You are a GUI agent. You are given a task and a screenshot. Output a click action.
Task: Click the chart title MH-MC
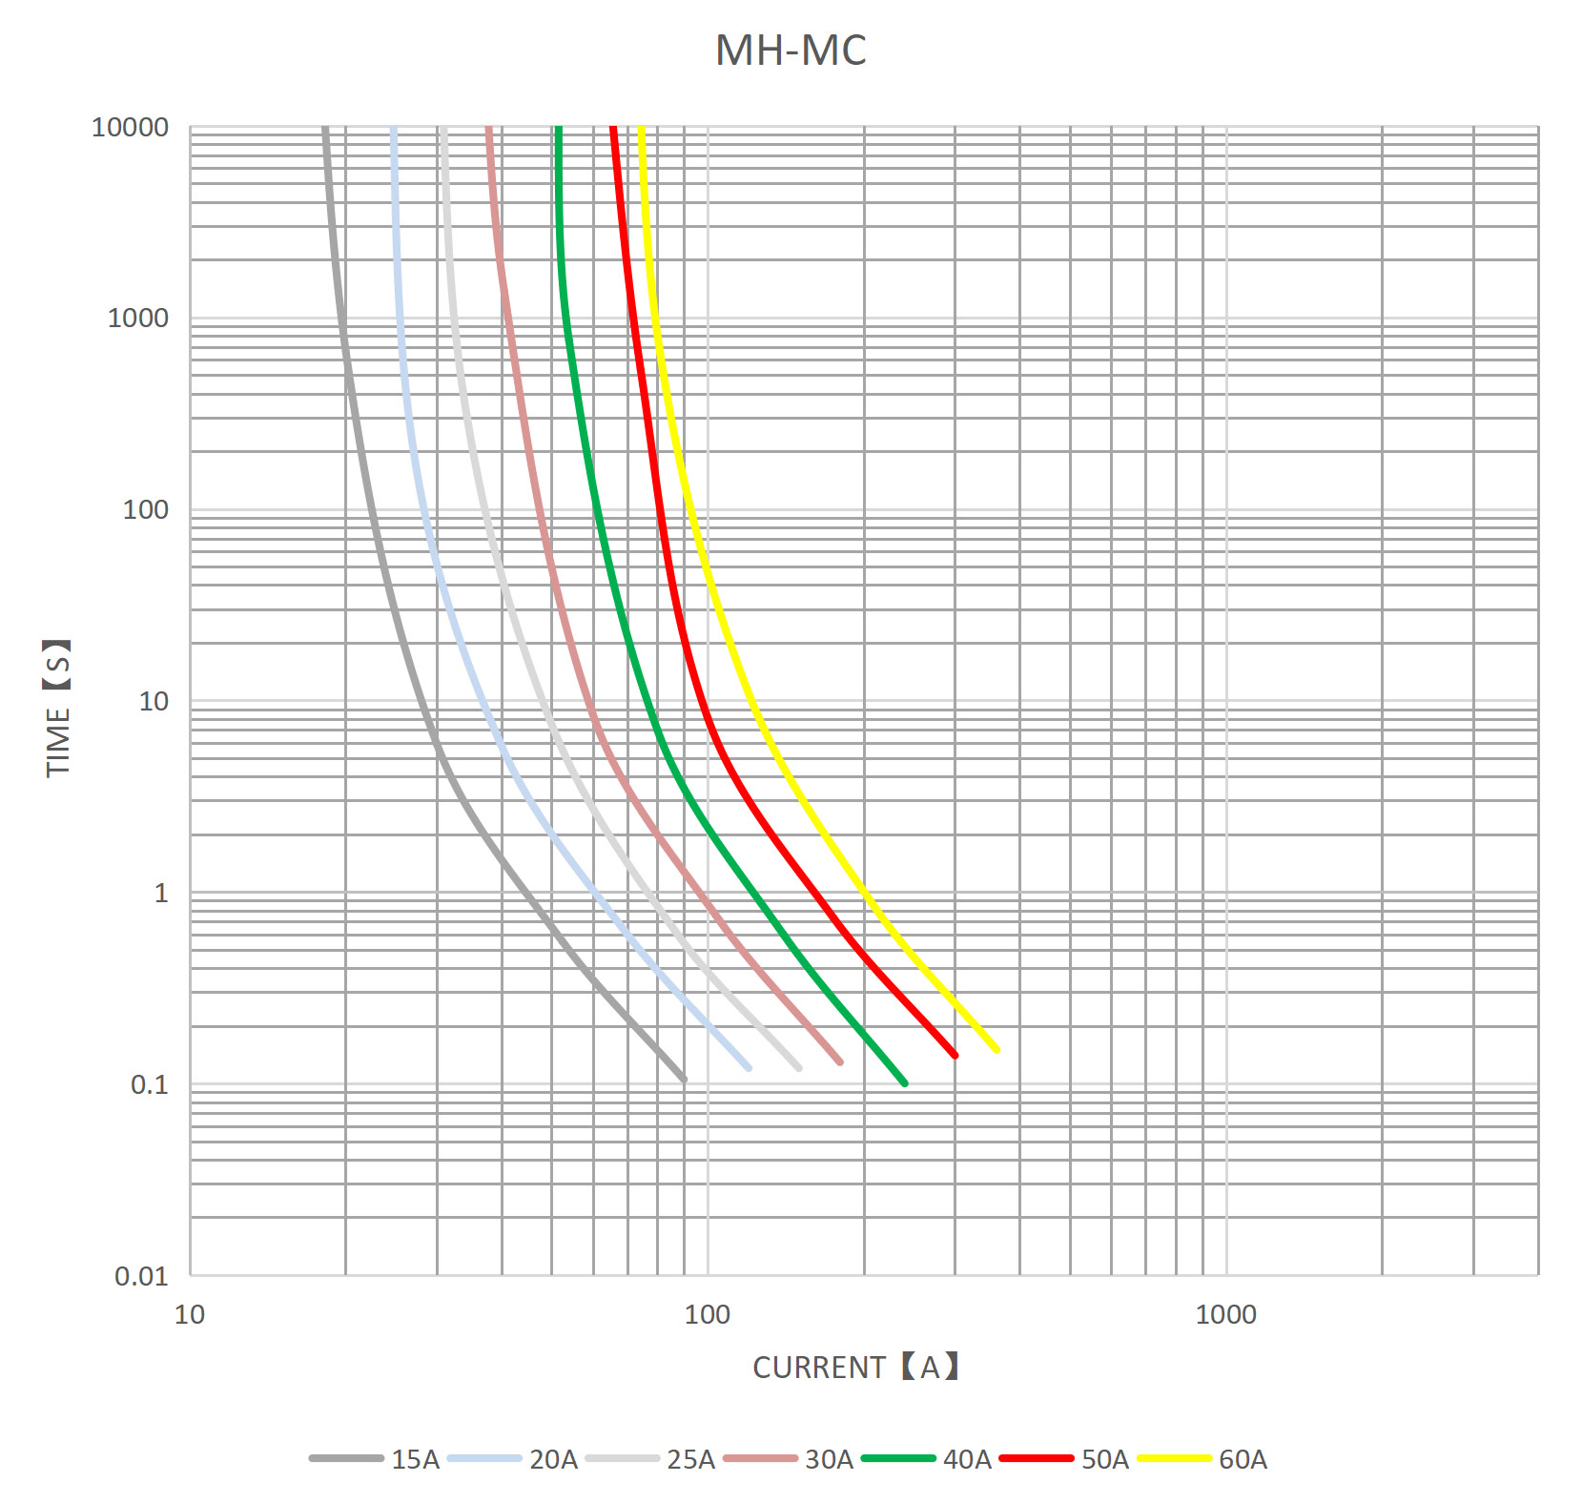pos(791,51)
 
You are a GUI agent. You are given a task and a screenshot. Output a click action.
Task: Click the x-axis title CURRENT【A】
pos(855,1367)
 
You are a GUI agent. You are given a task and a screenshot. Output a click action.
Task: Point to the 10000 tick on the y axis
pos(130,127)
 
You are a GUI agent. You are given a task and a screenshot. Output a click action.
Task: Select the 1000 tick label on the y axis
pos(137,318)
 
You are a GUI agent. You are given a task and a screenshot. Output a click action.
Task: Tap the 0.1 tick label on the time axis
pos(149,1084)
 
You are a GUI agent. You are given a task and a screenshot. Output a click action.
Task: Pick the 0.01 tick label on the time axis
pos(141,1276)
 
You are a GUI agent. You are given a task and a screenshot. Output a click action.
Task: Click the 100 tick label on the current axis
pos(707,1314)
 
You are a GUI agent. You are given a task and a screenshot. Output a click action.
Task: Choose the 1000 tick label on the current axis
pos(1225,1314)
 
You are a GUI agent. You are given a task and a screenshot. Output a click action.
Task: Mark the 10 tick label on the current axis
pos(190,1314)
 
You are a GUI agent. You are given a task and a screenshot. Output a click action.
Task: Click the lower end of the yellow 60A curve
pos(996,1049)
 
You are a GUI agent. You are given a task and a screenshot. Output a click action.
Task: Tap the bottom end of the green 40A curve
pos(904,1083)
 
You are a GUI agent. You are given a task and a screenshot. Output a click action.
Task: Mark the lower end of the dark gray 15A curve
pos(683,1080)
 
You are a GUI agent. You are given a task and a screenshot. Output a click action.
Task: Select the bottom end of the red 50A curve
pos(955,1055)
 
